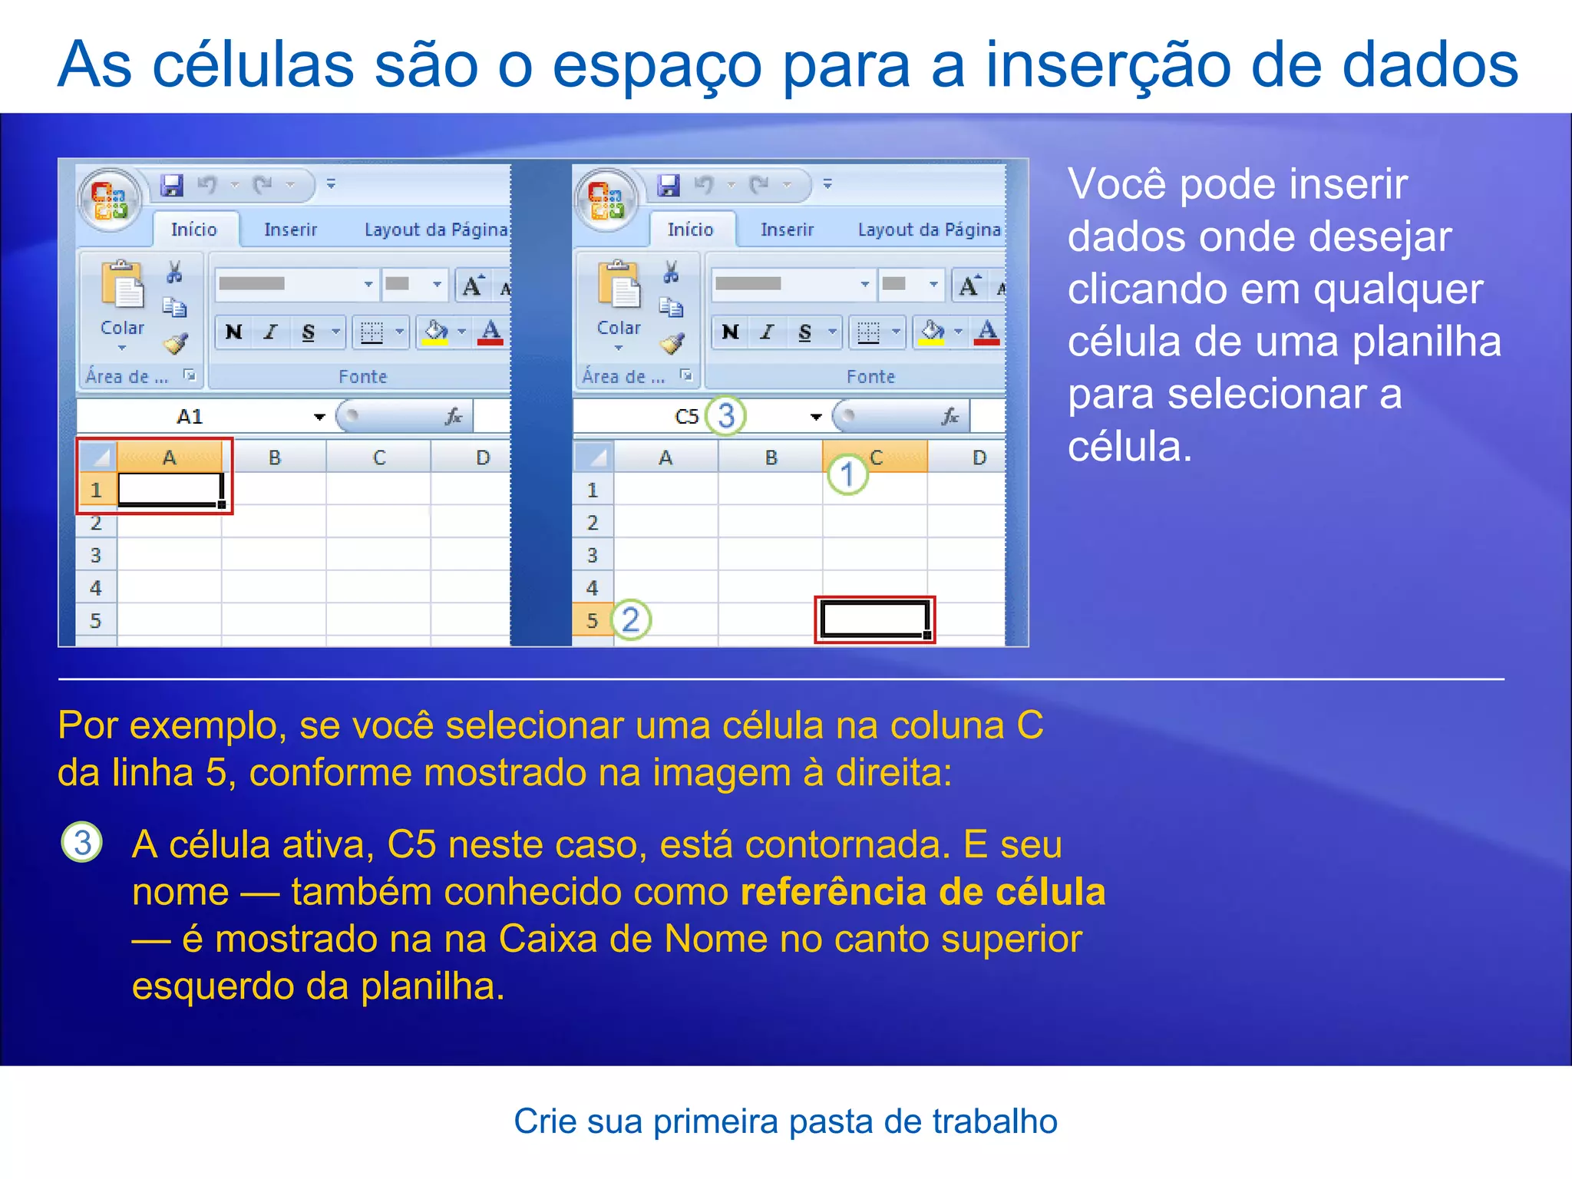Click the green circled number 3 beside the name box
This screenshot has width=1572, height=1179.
[x=725, y=415]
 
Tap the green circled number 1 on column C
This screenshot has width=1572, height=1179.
[x=847, y=474]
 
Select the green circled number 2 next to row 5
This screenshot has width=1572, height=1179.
[x=631, y=619]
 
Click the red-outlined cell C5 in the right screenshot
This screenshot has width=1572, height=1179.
[x=874, y=619]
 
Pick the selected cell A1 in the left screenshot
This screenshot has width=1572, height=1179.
[x=170, y=489]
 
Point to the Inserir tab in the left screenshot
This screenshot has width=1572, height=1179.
[x=290, y=230]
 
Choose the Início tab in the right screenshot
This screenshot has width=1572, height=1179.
[x=690, y=230]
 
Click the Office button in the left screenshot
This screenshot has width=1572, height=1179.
[x=111, y=199]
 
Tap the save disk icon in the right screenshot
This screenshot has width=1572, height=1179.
[x=669, y=185]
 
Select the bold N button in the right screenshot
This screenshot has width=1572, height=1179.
[x=730, y=332]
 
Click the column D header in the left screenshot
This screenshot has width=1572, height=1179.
[x=482, y=457]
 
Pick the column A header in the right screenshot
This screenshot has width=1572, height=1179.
[x=665, y=457]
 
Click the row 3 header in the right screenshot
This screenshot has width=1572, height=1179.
[x=592, y=555]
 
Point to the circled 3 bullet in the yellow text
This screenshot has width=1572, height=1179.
[x=82, y=842]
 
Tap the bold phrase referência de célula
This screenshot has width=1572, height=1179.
[x=923, y=892]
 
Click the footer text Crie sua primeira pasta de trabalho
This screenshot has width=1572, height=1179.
[x=785, y=1121]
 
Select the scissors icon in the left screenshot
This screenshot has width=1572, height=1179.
[x=175, y=272]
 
